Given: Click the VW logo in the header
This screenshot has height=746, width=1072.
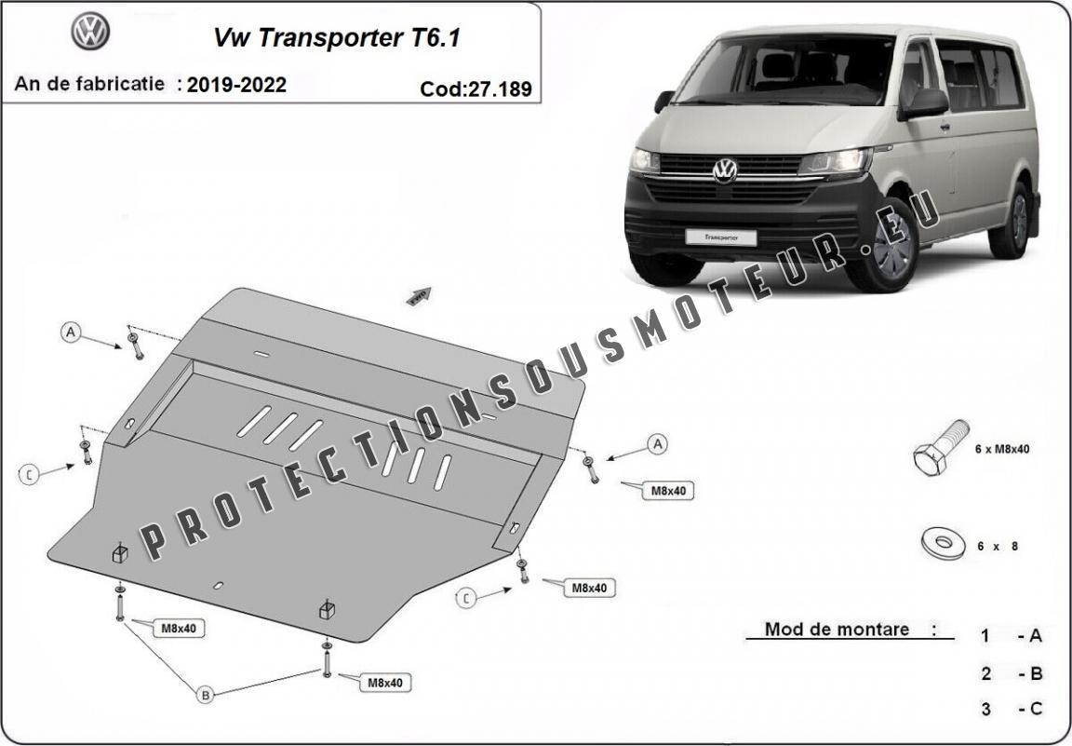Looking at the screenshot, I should click(90, 33).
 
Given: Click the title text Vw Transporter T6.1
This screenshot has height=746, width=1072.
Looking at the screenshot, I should click(337, 38).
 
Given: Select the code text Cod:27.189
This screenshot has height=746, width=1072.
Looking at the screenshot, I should click(476, 89).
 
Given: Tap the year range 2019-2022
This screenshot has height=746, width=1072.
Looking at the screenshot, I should click(236, 85).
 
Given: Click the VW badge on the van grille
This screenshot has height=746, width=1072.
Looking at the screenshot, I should click(725, 170).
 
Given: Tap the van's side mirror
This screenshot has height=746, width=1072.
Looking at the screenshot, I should click(923, 103).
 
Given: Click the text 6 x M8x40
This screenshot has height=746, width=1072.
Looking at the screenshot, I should click(1002, 449).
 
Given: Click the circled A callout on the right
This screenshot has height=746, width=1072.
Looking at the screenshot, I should click(658, 445).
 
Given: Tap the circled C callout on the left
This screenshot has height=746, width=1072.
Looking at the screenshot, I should click(30, 475).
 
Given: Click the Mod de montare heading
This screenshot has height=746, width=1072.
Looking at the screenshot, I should click(837, 629).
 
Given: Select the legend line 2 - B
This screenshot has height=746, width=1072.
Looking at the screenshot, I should click(1011, 673).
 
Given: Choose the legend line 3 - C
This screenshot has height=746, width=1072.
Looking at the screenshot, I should click(1011, 709).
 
